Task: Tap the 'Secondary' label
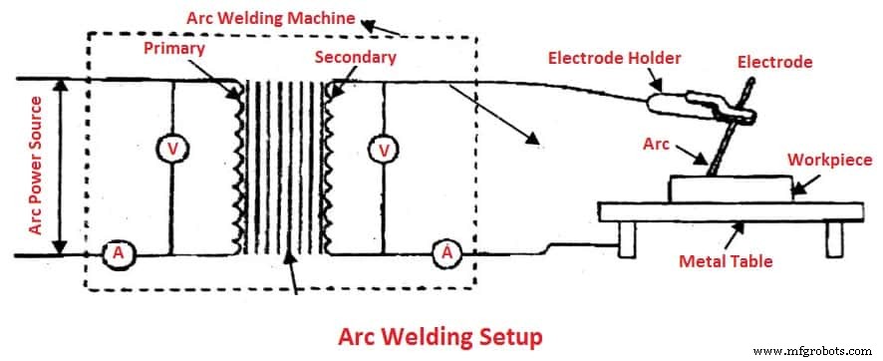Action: point(355,57)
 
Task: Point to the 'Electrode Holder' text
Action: point(615,58)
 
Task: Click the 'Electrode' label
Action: point(774,62)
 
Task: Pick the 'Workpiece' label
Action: point(829,160)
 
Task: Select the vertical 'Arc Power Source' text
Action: point(35,166)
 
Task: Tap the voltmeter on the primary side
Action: point(173,149)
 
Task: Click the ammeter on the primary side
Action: point(118,254)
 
